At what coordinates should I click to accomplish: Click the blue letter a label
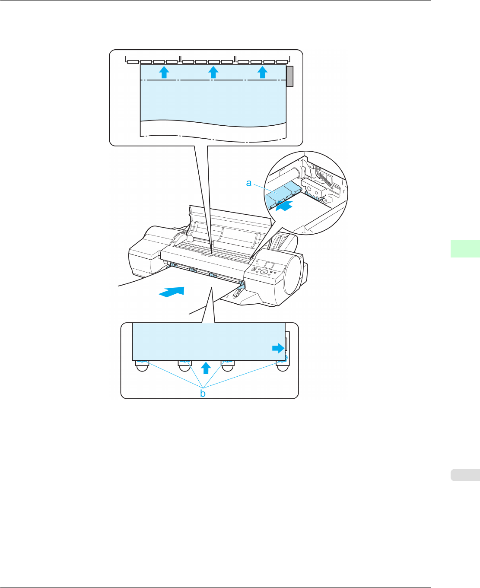point(249,183)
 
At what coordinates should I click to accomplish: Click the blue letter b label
point(203,393)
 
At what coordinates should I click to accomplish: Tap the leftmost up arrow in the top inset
point(163,72)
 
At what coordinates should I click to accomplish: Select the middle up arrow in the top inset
point(213,72)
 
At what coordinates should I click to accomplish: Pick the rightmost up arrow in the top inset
point(262,72)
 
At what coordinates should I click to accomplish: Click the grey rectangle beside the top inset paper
point(290,76)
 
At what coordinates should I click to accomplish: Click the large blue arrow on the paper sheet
point(172,292)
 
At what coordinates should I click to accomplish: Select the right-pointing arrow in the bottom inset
point(278,348)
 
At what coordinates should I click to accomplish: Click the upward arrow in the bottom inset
point(206,368)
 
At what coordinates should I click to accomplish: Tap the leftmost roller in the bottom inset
point(142,365)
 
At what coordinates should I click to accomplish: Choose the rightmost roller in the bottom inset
point(283,365)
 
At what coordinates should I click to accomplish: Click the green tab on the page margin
point(465,248)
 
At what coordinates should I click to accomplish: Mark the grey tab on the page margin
point(465,475)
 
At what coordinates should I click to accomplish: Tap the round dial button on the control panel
point(263,273)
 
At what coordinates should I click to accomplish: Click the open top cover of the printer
point(229,227)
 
